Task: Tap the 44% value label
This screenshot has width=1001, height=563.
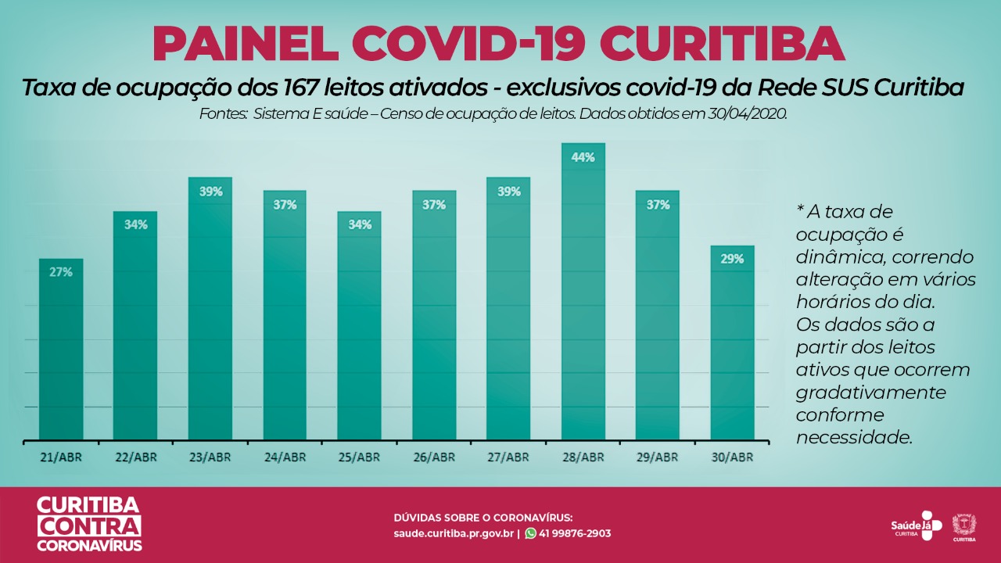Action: (583, 157)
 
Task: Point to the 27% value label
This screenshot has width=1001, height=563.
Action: (61, 272)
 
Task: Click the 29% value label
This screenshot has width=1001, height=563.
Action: (732, 259)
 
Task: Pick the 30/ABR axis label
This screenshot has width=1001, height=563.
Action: (732, 457)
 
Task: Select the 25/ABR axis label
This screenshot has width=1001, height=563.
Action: (359, 457)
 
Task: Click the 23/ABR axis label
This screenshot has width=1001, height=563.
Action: (210, 457)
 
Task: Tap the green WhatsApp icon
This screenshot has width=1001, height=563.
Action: (531, 533)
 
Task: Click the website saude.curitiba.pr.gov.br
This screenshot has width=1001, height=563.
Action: (454, 533)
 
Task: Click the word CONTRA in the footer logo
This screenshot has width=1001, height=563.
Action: (89, 525)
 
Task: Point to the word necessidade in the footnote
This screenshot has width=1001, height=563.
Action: (854, 437)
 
